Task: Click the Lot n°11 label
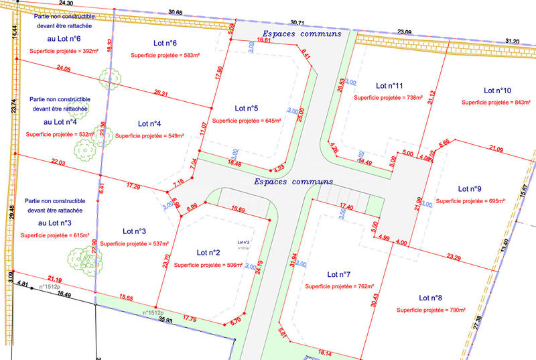pyautogui.click(x=389, y=86)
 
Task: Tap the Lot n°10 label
pyautogui.click(x=497, y=90)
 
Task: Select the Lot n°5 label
pyautogui.click(x=247, y=108)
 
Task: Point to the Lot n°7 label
pyautogui.click(x=339, y=274)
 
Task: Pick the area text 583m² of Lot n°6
pyautogui.click(x=165, y=55)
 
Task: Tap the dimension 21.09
pyautogui.click(x=496, y=148)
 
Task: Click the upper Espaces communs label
pyautogui.click(x=301, y=34)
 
